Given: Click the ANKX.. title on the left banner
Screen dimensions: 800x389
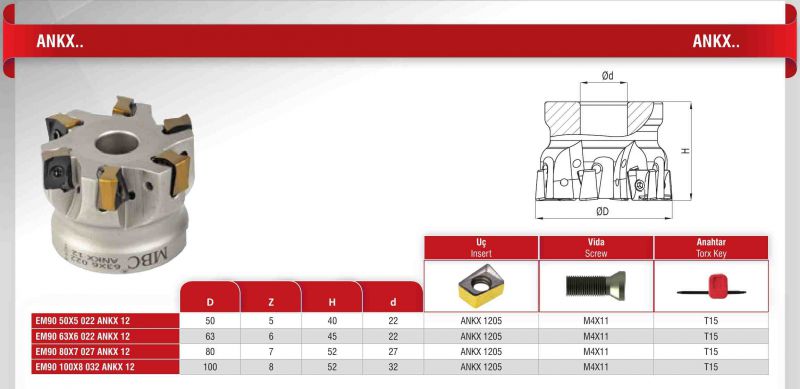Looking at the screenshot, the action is (x=60, y=41).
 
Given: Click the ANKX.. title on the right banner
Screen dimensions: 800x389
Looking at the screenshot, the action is (x=716, y=41).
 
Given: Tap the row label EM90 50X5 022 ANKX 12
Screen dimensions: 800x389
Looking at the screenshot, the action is (x=82, y=321).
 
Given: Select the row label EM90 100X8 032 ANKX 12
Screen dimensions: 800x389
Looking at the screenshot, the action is (x=85, y=367).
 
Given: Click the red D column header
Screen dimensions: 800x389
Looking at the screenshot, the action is (x=210, y=302).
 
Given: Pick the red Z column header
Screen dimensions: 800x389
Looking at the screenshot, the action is (x=271, y=302).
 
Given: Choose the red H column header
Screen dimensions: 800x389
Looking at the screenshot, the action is (x=332, y=302).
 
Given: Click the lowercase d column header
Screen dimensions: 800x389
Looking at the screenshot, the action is (x=393, y=302).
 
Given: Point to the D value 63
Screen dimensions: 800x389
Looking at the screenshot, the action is (x=210, y=336).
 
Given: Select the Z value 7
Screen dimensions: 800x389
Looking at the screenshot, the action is (x=271, y=352).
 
